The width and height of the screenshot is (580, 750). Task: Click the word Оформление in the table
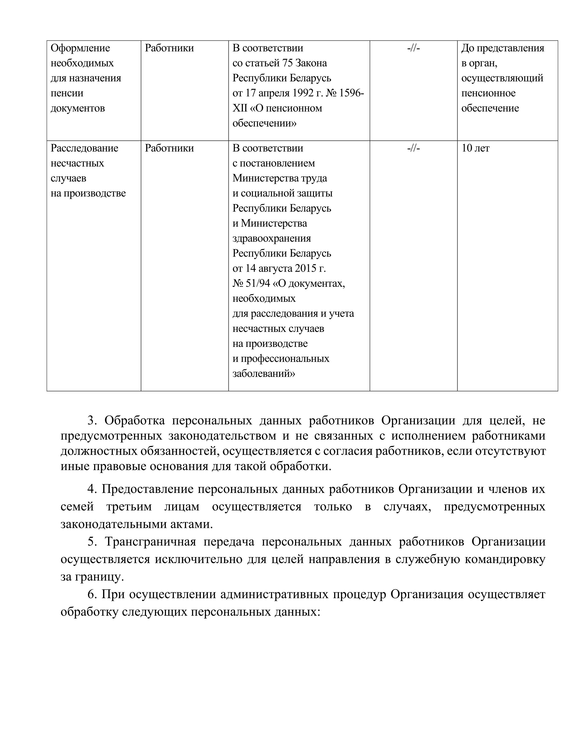tap(80, 48)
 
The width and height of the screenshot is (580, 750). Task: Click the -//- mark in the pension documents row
tap(413, 48)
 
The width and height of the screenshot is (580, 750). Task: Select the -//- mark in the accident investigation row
tap(413, 148)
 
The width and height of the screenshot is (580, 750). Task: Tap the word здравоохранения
tap(271, 238)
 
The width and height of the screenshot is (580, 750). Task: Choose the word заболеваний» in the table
tap(264, 374)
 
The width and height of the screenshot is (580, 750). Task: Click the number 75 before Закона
tap(287, 63)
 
